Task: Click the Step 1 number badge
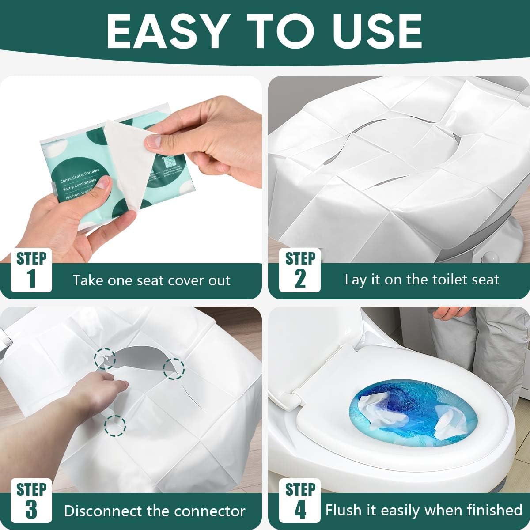[31, 270]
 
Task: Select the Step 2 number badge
[300, 270]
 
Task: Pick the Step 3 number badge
[31, 501]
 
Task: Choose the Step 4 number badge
[300, 501]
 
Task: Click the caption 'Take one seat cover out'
[151, 280]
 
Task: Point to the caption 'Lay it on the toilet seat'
[422, 280]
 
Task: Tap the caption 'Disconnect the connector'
[155, 511]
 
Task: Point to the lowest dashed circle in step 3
[115, 425]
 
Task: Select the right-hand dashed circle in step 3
[174, 368]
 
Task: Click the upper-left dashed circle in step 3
[105, 358]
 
